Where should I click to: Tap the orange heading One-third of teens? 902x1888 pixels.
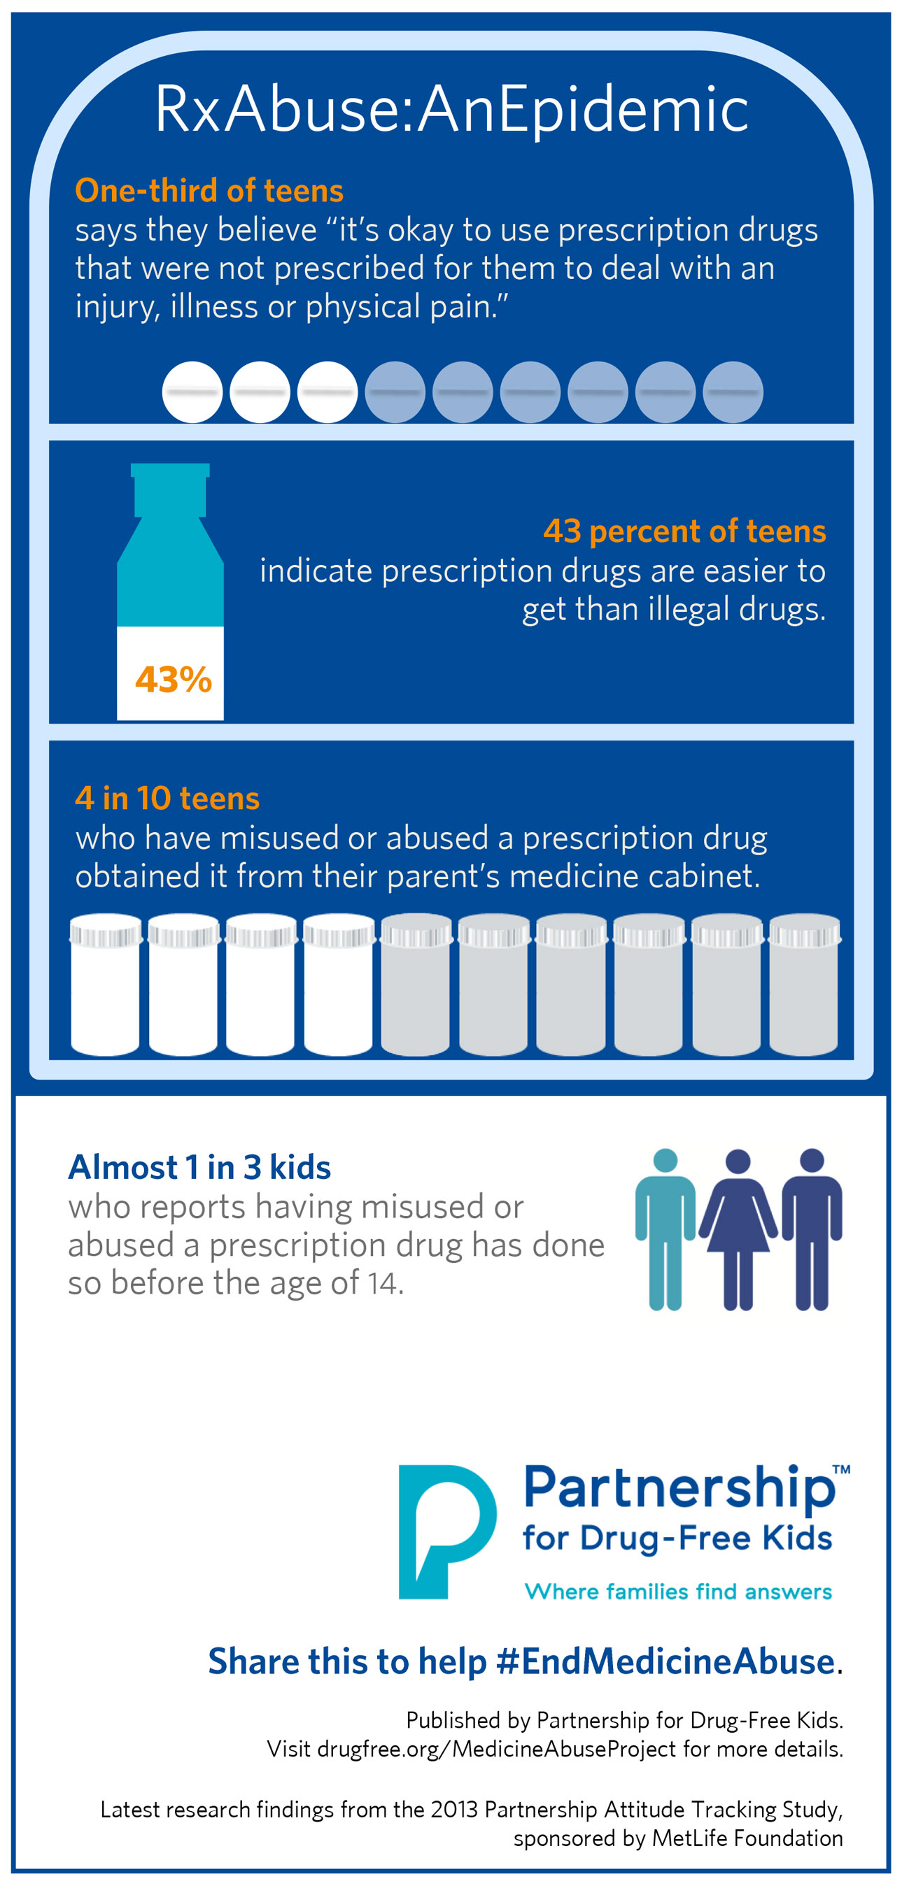pos(209,191)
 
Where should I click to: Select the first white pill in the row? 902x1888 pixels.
pos(192,392)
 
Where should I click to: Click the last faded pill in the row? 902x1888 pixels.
pos(733,392)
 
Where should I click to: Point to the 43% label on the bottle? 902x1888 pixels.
pos(173,680)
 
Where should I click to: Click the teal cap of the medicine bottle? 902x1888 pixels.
pos(170,489)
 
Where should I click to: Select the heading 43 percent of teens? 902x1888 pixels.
pos(684,531)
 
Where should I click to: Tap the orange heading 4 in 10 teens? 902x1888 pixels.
pos(167,798)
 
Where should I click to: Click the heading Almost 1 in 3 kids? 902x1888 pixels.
pos(199,1167)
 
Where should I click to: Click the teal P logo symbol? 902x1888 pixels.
pos(446,1531)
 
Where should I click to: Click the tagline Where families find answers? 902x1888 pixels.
pos(678,1592)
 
